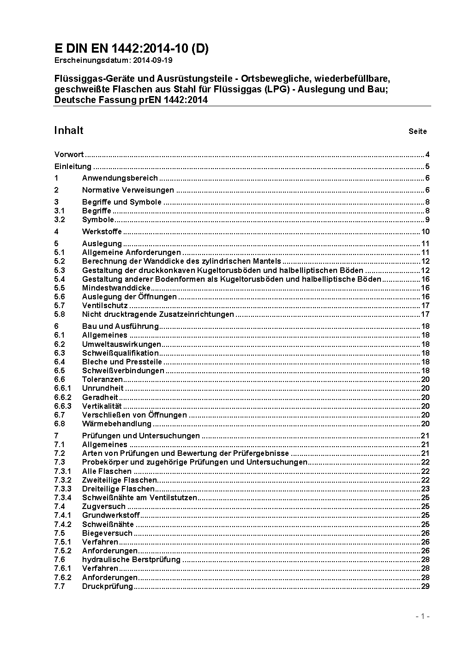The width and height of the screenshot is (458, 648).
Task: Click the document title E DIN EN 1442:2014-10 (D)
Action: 131,49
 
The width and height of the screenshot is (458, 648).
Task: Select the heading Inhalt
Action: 69,130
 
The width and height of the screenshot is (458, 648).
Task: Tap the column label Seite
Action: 417,132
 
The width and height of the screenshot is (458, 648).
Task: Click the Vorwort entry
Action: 69,155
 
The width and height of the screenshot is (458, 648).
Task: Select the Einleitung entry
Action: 73,167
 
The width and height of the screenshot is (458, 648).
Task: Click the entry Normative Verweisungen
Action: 128,190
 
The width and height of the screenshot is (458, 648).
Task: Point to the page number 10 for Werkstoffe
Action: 425,232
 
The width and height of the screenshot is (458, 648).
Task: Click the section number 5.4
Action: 60,279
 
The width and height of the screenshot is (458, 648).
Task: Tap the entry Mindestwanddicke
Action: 116,288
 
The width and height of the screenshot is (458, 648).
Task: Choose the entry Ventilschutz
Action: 105,306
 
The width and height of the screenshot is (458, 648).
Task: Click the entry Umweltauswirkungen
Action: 121,344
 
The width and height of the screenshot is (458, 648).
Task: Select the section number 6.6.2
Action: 63,397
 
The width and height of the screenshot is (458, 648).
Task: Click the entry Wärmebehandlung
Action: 117,424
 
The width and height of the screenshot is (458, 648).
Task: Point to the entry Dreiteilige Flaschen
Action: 118,489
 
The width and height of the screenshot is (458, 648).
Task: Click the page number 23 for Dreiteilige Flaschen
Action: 425,489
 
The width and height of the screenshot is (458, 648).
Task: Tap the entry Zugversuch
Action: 103,507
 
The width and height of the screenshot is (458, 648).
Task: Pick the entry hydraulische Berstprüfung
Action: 131,560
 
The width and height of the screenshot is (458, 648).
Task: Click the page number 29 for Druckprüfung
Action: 425,587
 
